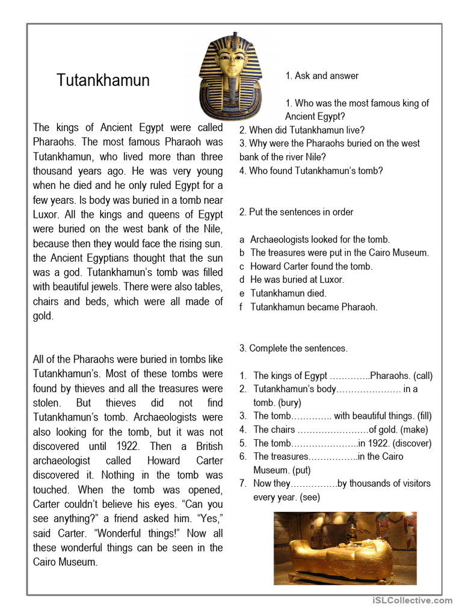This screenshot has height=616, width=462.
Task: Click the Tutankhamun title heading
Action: click(103, 81)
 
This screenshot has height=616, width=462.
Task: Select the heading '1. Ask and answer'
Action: click(322, 76)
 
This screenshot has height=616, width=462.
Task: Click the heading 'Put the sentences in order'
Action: click(297, 212)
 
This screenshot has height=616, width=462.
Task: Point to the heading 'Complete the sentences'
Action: click(294, 348)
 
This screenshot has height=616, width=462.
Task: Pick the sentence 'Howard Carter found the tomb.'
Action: click(311, 266)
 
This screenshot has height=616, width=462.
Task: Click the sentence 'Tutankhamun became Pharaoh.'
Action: click(313, 307)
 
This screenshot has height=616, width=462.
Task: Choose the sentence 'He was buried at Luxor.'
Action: click(297, 280)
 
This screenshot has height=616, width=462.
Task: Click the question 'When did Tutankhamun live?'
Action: click(302, 130)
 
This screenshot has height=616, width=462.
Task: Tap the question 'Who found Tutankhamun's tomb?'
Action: click(311, 171)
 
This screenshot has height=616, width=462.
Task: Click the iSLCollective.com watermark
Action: click(412, 600)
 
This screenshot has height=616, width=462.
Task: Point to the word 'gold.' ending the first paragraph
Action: click(43, 316)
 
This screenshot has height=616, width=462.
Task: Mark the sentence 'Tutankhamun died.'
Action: click(288, 294)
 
